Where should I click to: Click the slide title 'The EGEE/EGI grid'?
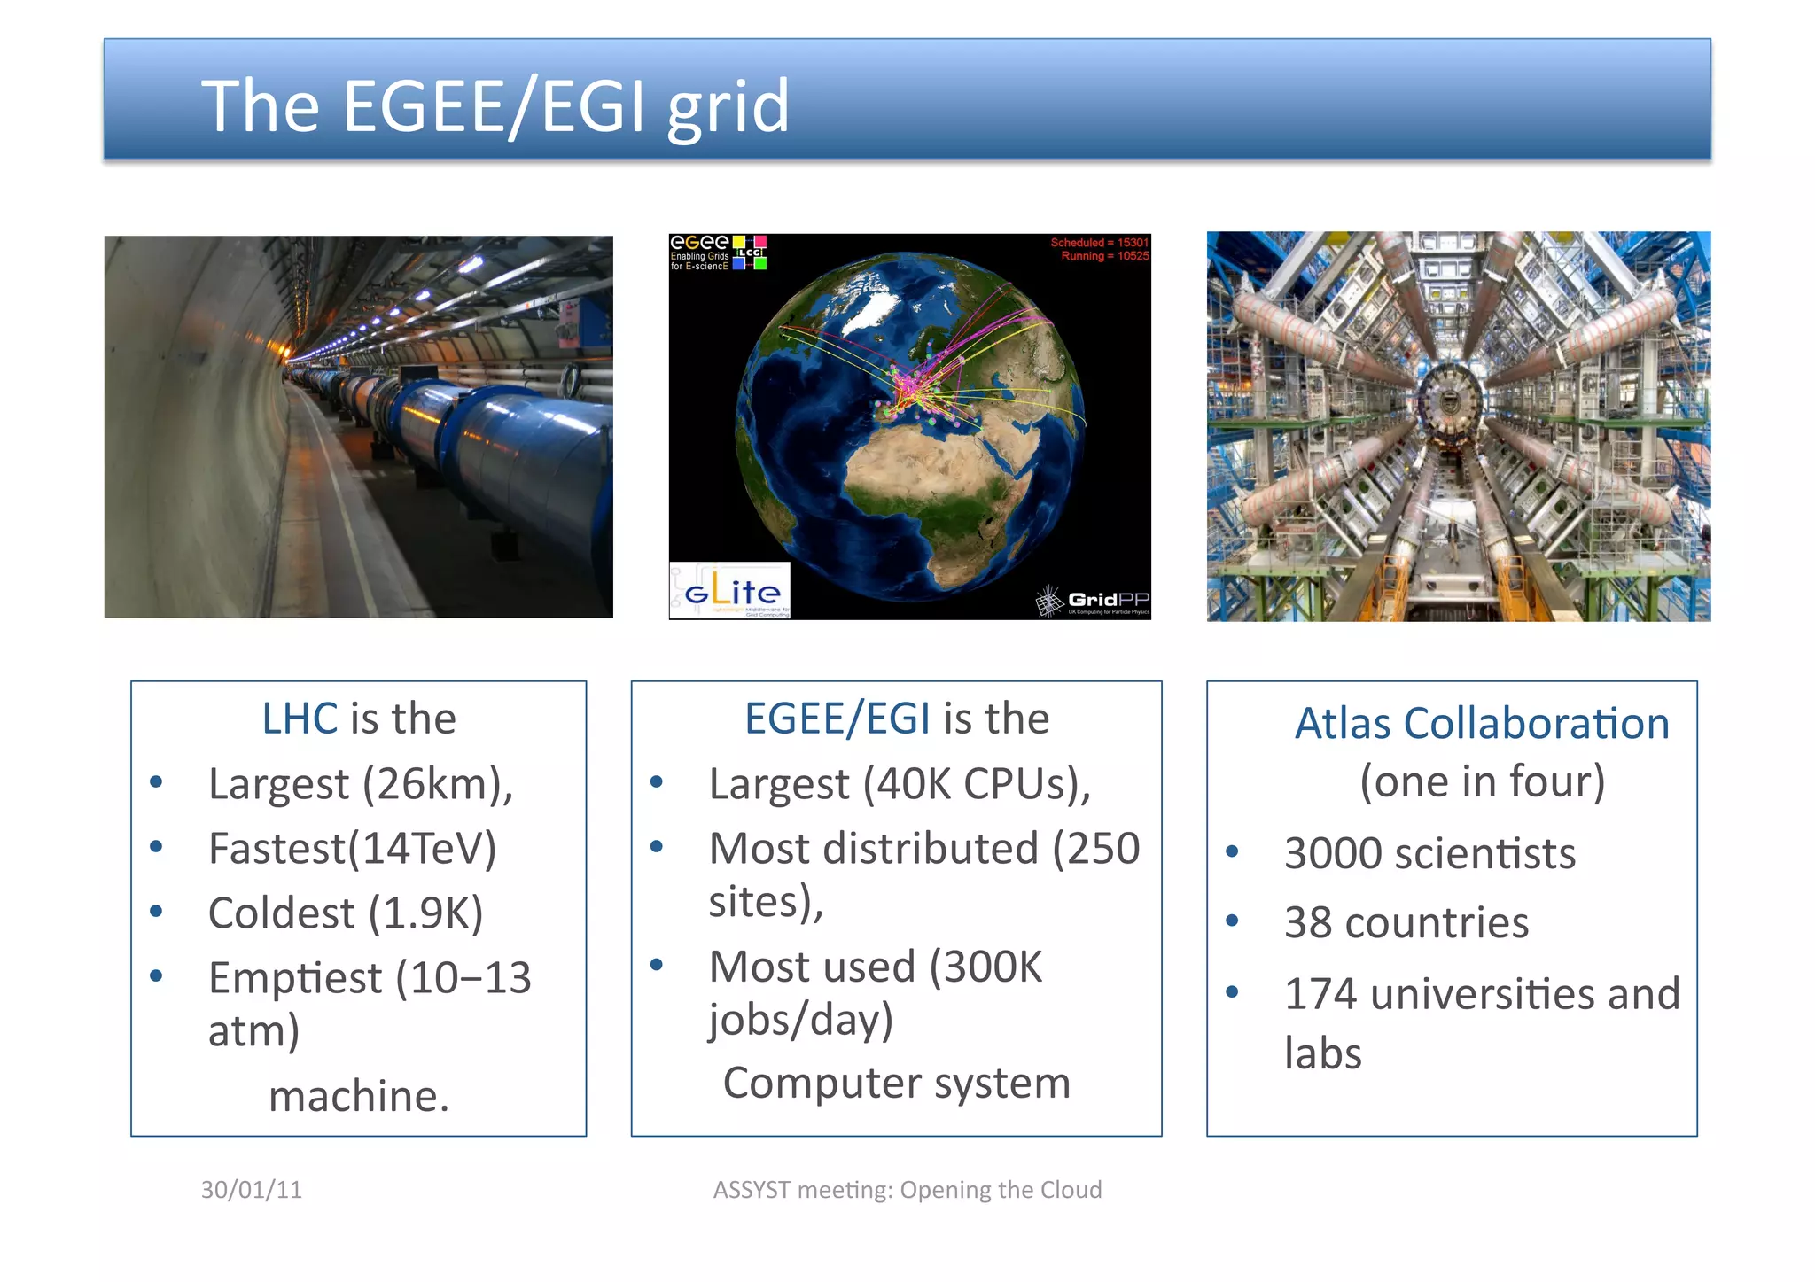tap(495, 105)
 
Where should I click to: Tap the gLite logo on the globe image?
tap(730, 590)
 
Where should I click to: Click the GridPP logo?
tap(1094, 601)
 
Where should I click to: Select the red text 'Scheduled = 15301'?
tap(1099, 242)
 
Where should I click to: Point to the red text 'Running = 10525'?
tap(1104, 256)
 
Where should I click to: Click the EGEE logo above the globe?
tap(700, 243)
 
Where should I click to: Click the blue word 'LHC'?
tap(300, 718)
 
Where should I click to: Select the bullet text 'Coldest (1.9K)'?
tap(346, 913)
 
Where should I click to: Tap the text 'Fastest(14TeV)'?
tap(352, 848)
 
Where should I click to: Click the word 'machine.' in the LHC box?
tap(359, 1096)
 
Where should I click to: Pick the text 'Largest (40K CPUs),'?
tap(900, 783)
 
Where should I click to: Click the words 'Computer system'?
tap(897, 1083)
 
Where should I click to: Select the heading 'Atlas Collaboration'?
tap(1482, 723)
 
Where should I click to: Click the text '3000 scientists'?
tap(1429, 853)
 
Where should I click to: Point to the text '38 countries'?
tap(1406, 922)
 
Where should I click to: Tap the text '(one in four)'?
tap(1482, 781)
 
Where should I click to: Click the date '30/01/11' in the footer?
tap(252, 1189)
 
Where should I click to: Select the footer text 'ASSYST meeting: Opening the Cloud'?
tap(907, 1189)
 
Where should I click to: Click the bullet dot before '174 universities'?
tap(1232, 991)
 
